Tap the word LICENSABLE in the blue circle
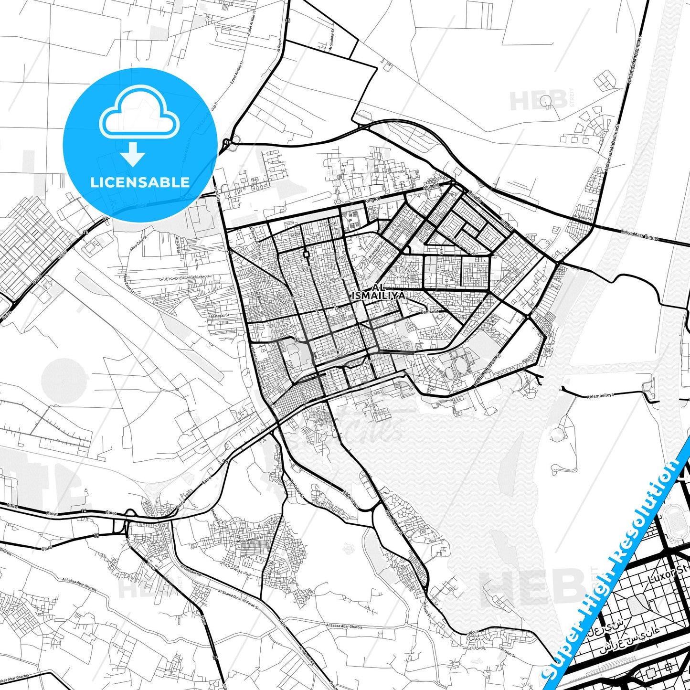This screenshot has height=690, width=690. (140, 182)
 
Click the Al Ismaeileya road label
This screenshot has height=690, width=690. (600, 395)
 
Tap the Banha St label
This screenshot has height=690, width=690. (428, 312)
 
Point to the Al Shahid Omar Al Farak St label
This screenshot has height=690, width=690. (237, 600)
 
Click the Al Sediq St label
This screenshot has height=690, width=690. (583, 218)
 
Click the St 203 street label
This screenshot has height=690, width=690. (296, 235)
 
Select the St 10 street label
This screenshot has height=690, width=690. (554, 287)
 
